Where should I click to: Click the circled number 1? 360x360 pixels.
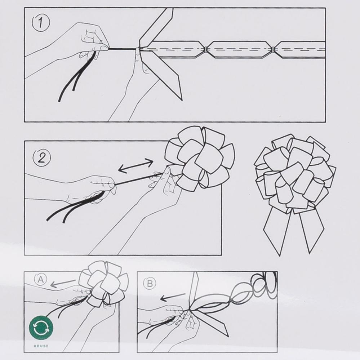pos(41,23)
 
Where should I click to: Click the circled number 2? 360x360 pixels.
pos(42,158)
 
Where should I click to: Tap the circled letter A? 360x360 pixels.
pos(41,279)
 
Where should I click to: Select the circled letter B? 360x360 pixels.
pos(150,283)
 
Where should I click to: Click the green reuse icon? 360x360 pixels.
pos(41,328)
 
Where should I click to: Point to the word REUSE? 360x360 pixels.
pos(41,346)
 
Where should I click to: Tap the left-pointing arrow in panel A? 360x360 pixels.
pos(63,283)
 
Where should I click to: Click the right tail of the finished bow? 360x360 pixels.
pos(312,230)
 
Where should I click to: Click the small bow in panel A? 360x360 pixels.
pos(103,284)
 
